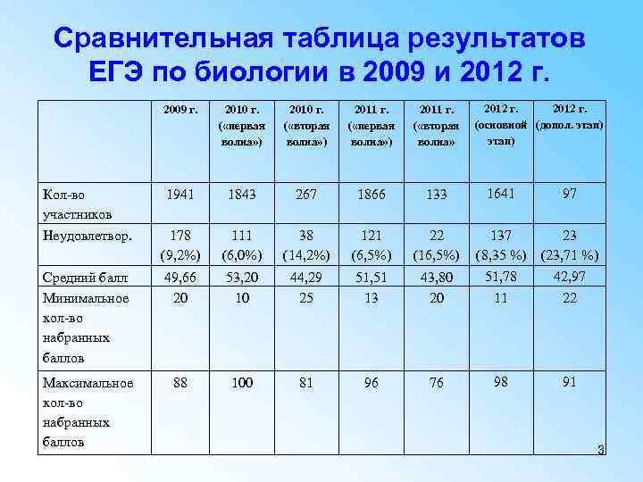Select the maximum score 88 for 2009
(x=180, y=384)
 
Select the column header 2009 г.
(x=180, y=110)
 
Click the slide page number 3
(x=600, y=450)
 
